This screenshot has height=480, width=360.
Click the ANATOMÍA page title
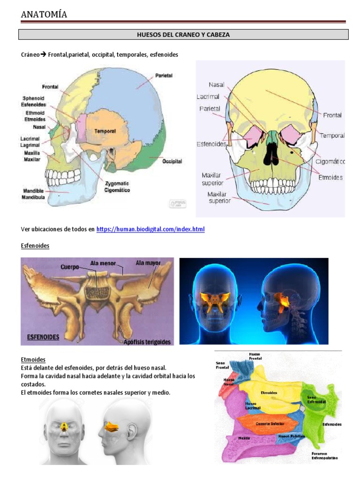tap(44, 15)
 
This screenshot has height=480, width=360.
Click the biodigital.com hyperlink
tap(150, 229)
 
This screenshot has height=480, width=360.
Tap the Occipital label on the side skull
tap(172, 161)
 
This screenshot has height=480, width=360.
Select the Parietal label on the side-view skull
tap(164, 75)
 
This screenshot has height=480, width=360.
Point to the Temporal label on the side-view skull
tap(105, 131)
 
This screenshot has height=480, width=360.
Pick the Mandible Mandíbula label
tap(33, 194)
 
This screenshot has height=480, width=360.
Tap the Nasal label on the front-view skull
tap(217, 85)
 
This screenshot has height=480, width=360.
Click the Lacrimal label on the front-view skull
tap(208, 97)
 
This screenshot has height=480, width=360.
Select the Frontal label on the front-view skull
tap(332, 115)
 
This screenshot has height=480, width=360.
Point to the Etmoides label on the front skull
tap(330, 177)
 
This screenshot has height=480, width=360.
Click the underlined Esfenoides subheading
tap(35, 246)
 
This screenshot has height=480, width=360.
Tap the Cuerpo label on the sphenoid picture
tap(69, 267)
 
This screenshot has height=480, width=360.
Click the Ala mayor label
tap(148, 263)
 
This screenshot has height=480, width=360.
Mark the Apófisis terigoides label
tap(147, 341)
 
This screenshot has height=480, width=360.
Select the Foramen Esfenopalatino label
tap(325, 456)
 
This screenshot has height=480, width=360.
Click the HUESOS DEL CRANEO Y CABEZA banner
tap(183, 35)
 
